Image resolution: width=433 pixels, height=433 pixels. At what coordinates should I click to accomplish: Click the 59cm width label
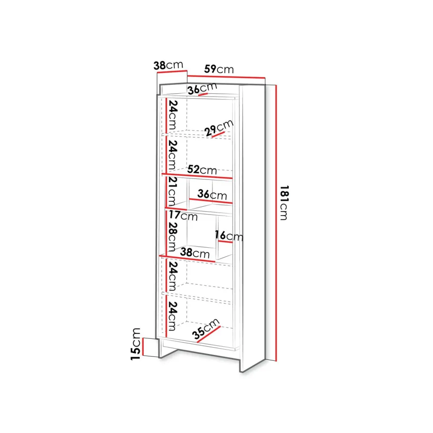click(219, 69)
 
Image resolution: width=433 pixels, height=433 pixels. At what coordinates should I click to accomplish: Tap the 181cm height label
click(284, 203)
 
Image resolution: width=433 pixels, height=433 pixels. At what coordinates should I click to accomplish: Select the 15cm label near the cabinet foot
click(136, 344)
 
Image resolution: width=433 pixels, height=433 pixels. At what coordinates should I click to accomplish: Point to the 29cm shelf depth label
click(219, 128)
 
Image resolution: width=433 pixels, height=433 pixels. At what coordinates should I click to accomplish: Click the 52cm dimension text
click(202, 170)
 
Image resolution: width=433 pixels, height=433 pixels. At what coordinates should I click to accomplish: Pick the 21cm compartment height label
click(172, 192)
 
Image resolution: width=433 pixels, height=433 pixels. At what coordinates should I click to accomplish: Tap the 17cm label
click(183, 216)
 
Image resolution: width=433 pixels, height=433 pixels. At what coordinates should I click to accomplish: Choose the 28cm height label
click(172, 237)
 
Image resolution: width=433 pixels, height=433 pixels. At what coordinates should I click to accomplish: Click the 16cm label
click(229, 236)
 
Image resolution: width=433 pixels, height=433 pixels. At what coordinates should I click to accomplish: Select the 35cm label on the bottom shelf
click(206, 329)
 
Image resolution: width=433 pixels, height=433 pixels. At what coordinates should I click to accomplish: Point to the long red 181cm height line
click(275, 223)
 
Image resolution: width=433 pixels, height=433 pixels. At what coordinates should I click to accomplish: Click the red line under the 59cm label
click(226, 76)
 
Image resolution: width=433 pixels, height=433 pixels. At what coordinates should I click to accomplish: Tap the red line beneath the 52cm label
click(197, 176)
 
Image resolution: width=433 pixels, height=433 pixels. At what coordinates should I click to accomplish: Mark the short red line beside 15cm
click(143, 346)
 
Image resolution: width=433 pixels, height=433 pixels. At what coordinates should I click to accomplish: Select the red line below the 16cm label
click(225, 242)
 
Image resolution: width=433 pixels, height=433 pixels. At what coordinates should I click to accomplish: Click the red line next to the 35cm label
click(209, 334)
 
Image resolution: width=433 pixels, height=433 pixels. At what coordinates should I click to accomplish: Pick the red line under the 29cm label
click(218, 134)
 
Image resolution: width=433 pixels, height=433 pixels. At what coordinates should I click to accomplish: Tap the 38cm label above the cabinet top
click(168, 65)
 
